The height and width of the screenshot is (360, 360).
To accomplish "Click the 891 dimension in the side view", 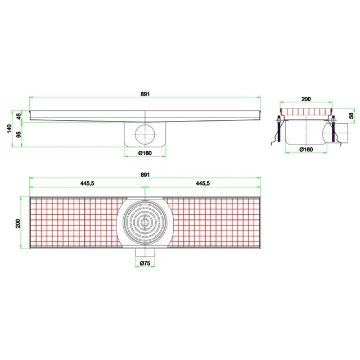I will pyautogui.click(x=145, y=94).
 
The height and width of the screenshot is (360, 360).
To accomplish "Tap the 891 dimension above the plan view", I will pyautogui.click(x=145, y=175).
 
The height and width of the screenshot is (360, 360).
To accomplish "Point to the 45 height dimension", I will pyautogui.click(x=19, y=116).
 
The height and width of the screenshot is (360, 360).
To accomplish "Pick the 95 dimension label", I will pyautogui.click(x=19, y=135).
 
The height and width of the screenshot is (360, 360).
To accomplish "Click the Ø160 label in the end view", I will pyautogui.click(x=306, y=149).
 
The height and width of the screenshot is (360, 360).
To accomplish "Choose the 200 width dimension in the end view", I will pyautogui.click(x=306, y=99).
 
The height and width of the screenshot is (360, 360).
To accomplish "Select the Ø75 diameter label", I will pyautogui.click(x=145, y=263).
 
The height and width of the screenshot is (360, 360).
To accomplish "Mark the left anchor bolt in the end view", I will pyautogui.click(x=278, y=129).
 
